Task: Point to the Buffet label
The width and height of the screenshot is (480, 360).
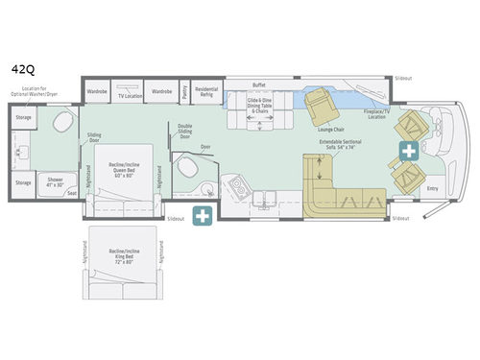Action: [258, 84]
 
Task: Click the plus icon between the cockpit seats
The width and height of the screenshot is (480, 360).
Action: [409, 151]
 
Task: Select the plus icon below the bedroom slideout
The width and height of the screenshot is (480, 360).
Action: [203, 216]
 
